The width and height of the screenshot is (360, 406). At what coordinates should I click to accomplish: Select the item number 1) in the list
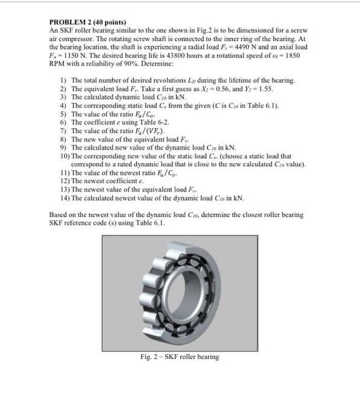[63, 80]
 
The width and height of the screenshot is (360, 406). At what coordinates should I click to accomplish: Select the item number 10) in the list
[62, 155]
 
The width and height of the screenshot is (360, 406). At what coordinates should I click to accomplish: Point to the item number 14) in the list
[62, 196]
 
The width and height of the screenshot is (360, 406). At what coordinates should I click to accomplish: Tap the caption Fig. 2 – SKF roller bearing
[179, 357]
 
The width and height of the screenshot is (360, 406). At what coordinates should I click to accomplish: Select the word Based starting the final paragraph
[58, 214]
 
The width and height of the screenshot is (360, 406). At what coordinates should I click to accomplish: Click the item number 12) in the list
[62, 180]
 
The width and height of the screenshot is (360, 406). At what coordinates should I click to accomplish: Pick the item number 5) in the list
[63, 113]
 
